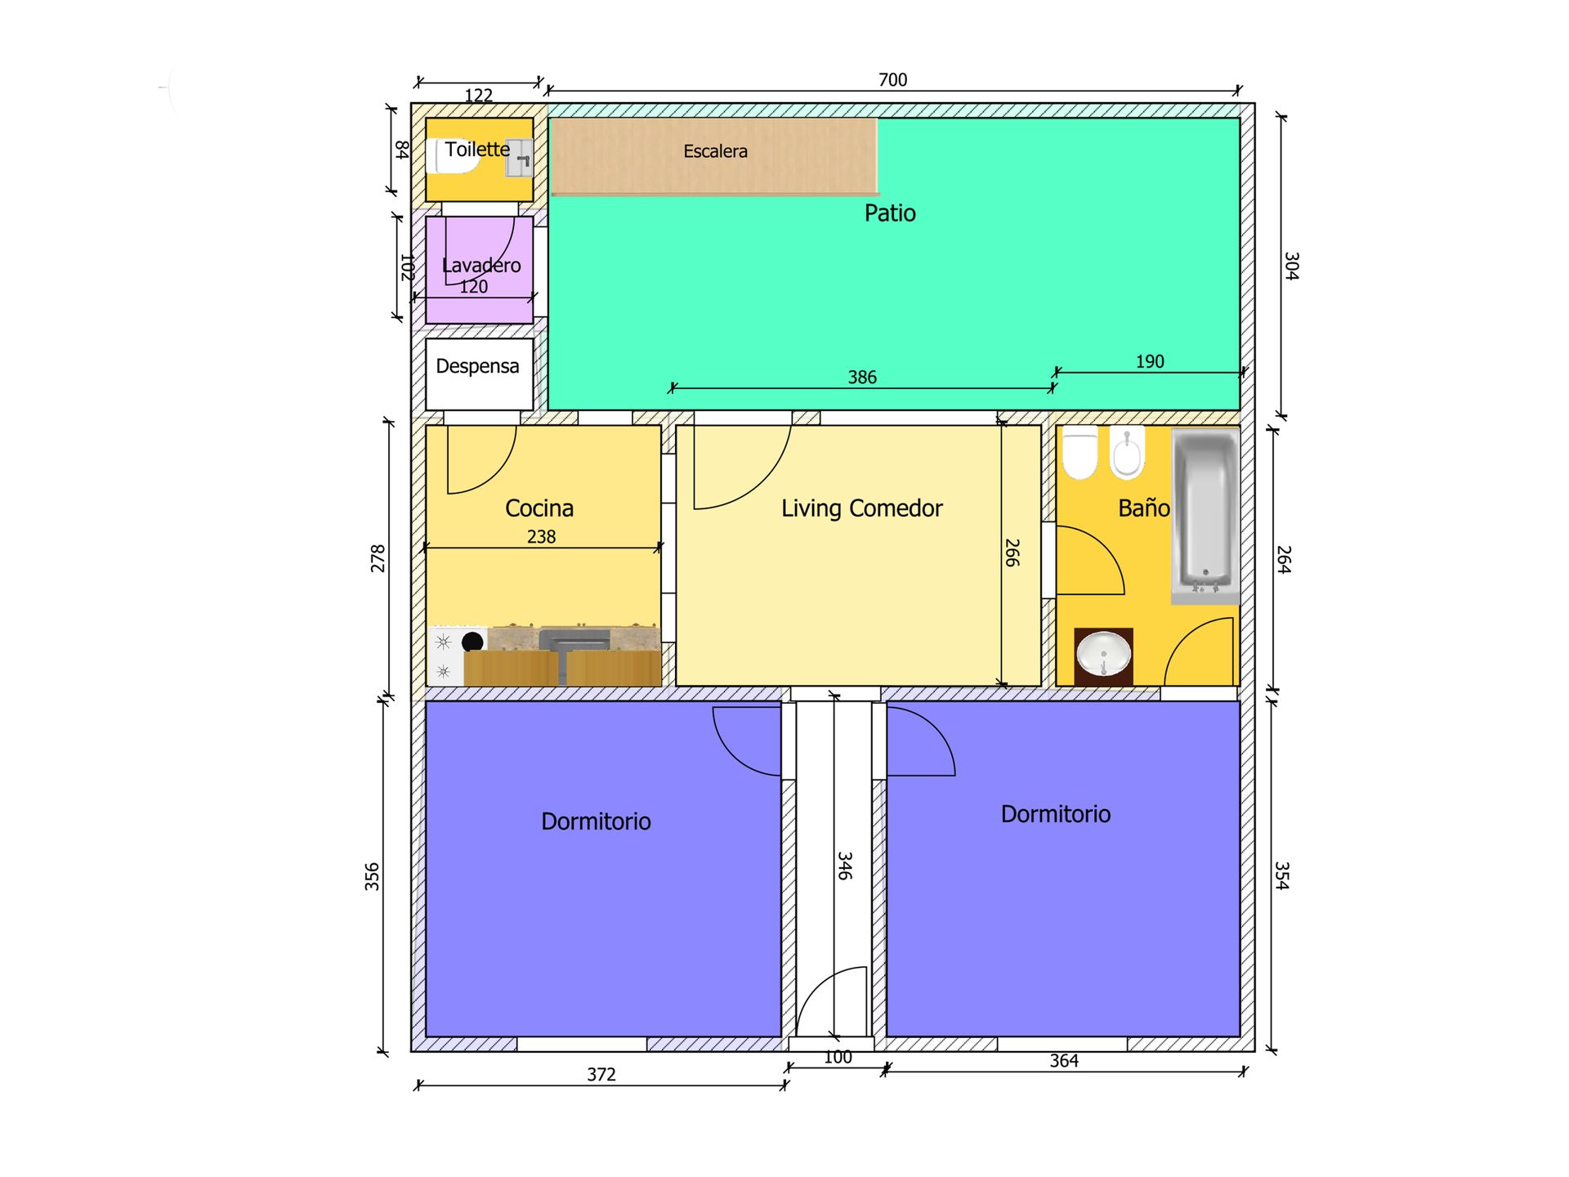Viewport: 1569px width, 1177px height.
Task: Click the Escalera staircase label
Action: tap(715, 151)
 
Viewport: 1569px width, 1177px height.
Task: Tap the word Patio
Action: tap(890, 213)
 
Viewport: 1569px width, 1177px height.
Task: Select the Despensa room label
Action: tap(477, 366)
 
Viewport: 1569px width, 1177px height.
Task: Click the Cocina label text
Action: tap(539, 508)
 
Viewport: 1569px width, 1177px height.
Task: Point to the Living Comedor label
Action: tap(862, 508)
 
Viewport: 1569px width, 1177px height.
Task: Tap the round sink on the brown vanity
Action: tap(1104, 656)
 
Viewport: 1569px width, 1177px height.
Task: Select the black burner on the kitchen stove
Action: tap(472, 642)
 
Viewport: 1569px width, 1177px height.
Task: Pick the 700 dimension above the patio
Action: tap(892, 80)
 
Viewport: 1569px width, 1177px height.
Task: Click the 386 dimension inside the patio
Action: tap(862, 378)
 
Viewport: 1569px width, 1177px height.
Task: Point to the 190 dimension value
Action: tap(1150, 362)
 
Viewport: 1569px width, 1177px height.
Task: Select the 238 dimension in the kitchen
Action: tap(541, 537)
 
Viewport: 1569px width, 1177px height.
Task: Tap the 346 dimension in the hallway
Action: tap(845, 866)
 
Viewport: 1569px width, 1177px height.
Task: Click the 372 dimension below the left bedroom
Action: tap(601, 1075)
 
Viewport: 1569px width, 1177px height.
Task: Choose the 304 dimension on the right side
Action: tap(1291, 266)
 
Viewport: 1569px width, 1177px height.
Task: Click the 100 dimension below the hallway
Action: tap(838, 1058)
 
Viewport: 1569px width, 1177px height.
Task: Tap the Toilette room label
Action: tap(477, 150)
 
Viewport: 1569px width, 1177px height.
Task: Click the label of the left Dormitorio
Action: tap(596, 821)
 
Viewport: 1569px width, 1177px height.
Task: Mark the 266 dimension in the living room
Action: tap(1012, 553)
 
